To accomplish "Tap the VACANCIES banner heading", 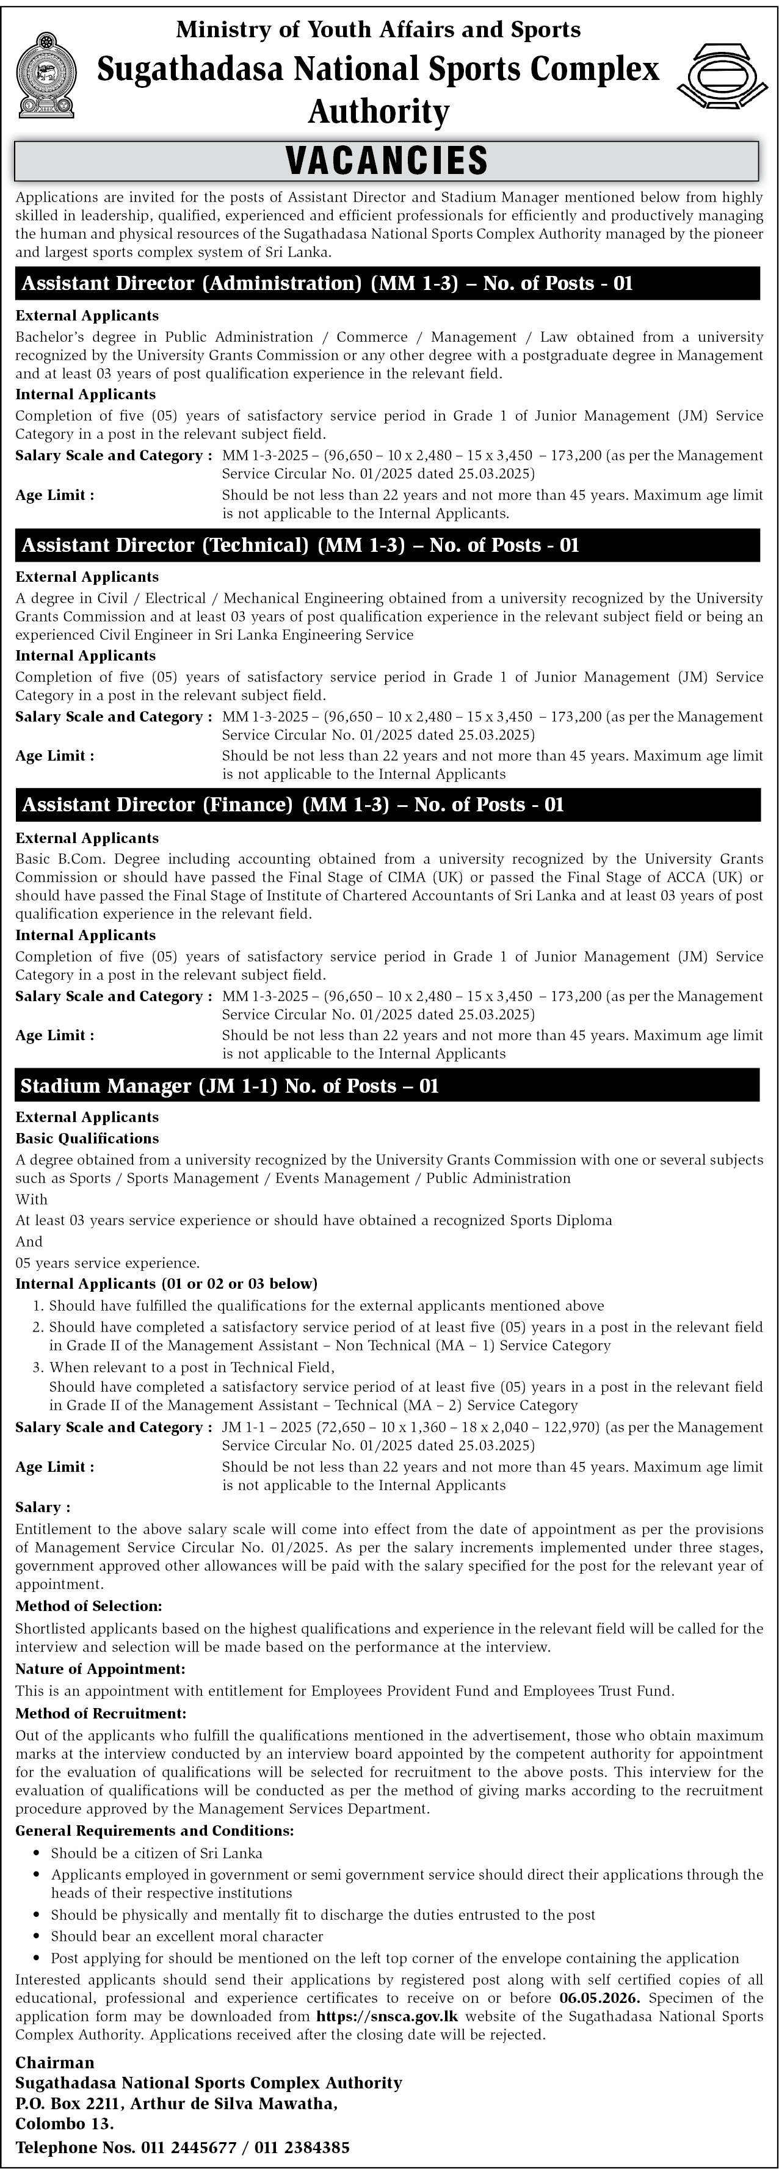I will tap(388, 160).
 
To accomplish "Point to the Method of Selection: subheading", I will tap(89, 1607).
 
